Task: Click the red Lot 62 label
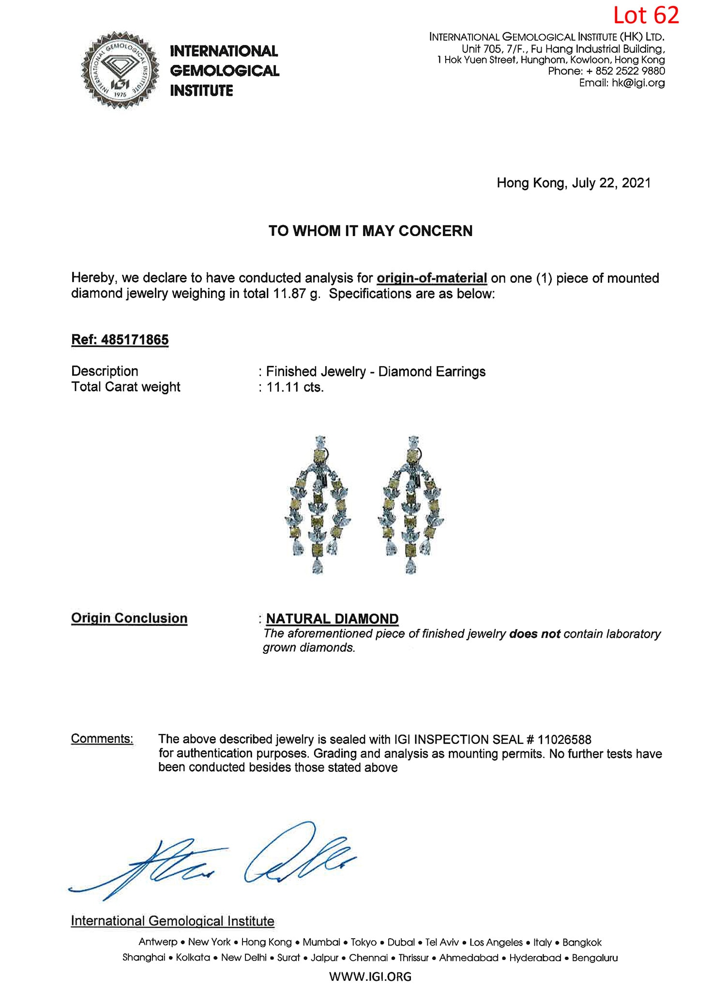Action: pos(646,15)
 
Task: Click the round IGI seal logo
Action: pos(120,71)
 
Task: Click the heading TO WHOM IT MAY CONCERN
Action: pos(370,231)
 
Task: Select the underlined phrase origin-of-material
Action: pos(431,278)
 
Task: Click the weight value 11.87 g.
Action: pos(296,294)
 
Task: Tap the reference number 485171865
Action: pos(135,340)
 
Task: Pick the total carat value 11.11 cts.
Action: pos(295,387)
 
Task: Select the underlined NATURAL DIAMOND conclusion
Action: pos(332,619)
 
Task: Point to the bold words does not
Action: pos(534,634)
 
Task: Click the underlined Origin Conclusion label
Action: pos(129,618)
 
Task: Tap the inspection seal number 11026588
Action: pos(564,739)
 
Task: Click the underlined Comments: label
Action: pos(102,739)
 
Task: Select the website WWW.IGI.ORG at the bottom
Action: pos(370,976)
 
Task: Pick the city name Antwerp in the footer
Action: pos(158,942)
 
